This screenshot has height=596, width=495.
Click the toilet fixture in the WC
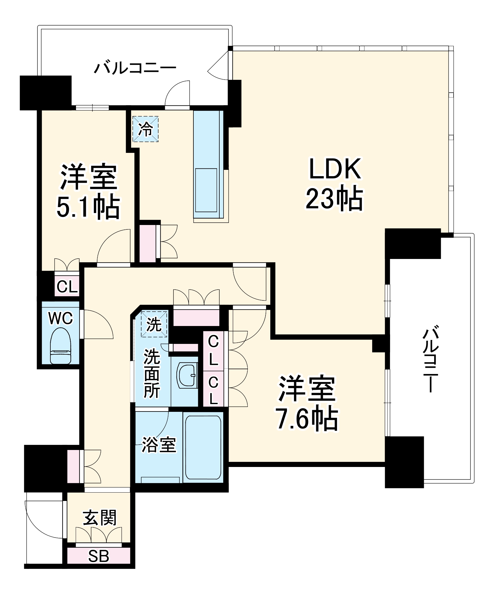[60, 346]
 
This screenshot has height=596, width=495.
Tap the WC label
[60, 319]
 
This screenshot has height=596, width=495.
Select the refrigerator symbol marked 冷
[145, 129]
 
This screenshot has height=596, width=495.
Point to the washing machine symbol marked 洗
[154, 324]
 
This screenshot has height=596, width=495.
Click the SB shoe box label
[99, 556]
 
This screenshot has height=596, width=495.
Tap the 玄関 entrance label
[100, 518]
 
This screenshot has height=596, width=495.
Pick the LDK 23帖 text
[334, 185]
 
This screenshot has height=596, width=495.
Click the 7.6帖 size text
[307, 419]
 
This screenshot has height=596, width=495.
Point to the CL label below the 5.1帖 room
[67, 287]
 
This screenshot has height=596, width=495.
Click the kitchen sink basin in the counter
[206, 190]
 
